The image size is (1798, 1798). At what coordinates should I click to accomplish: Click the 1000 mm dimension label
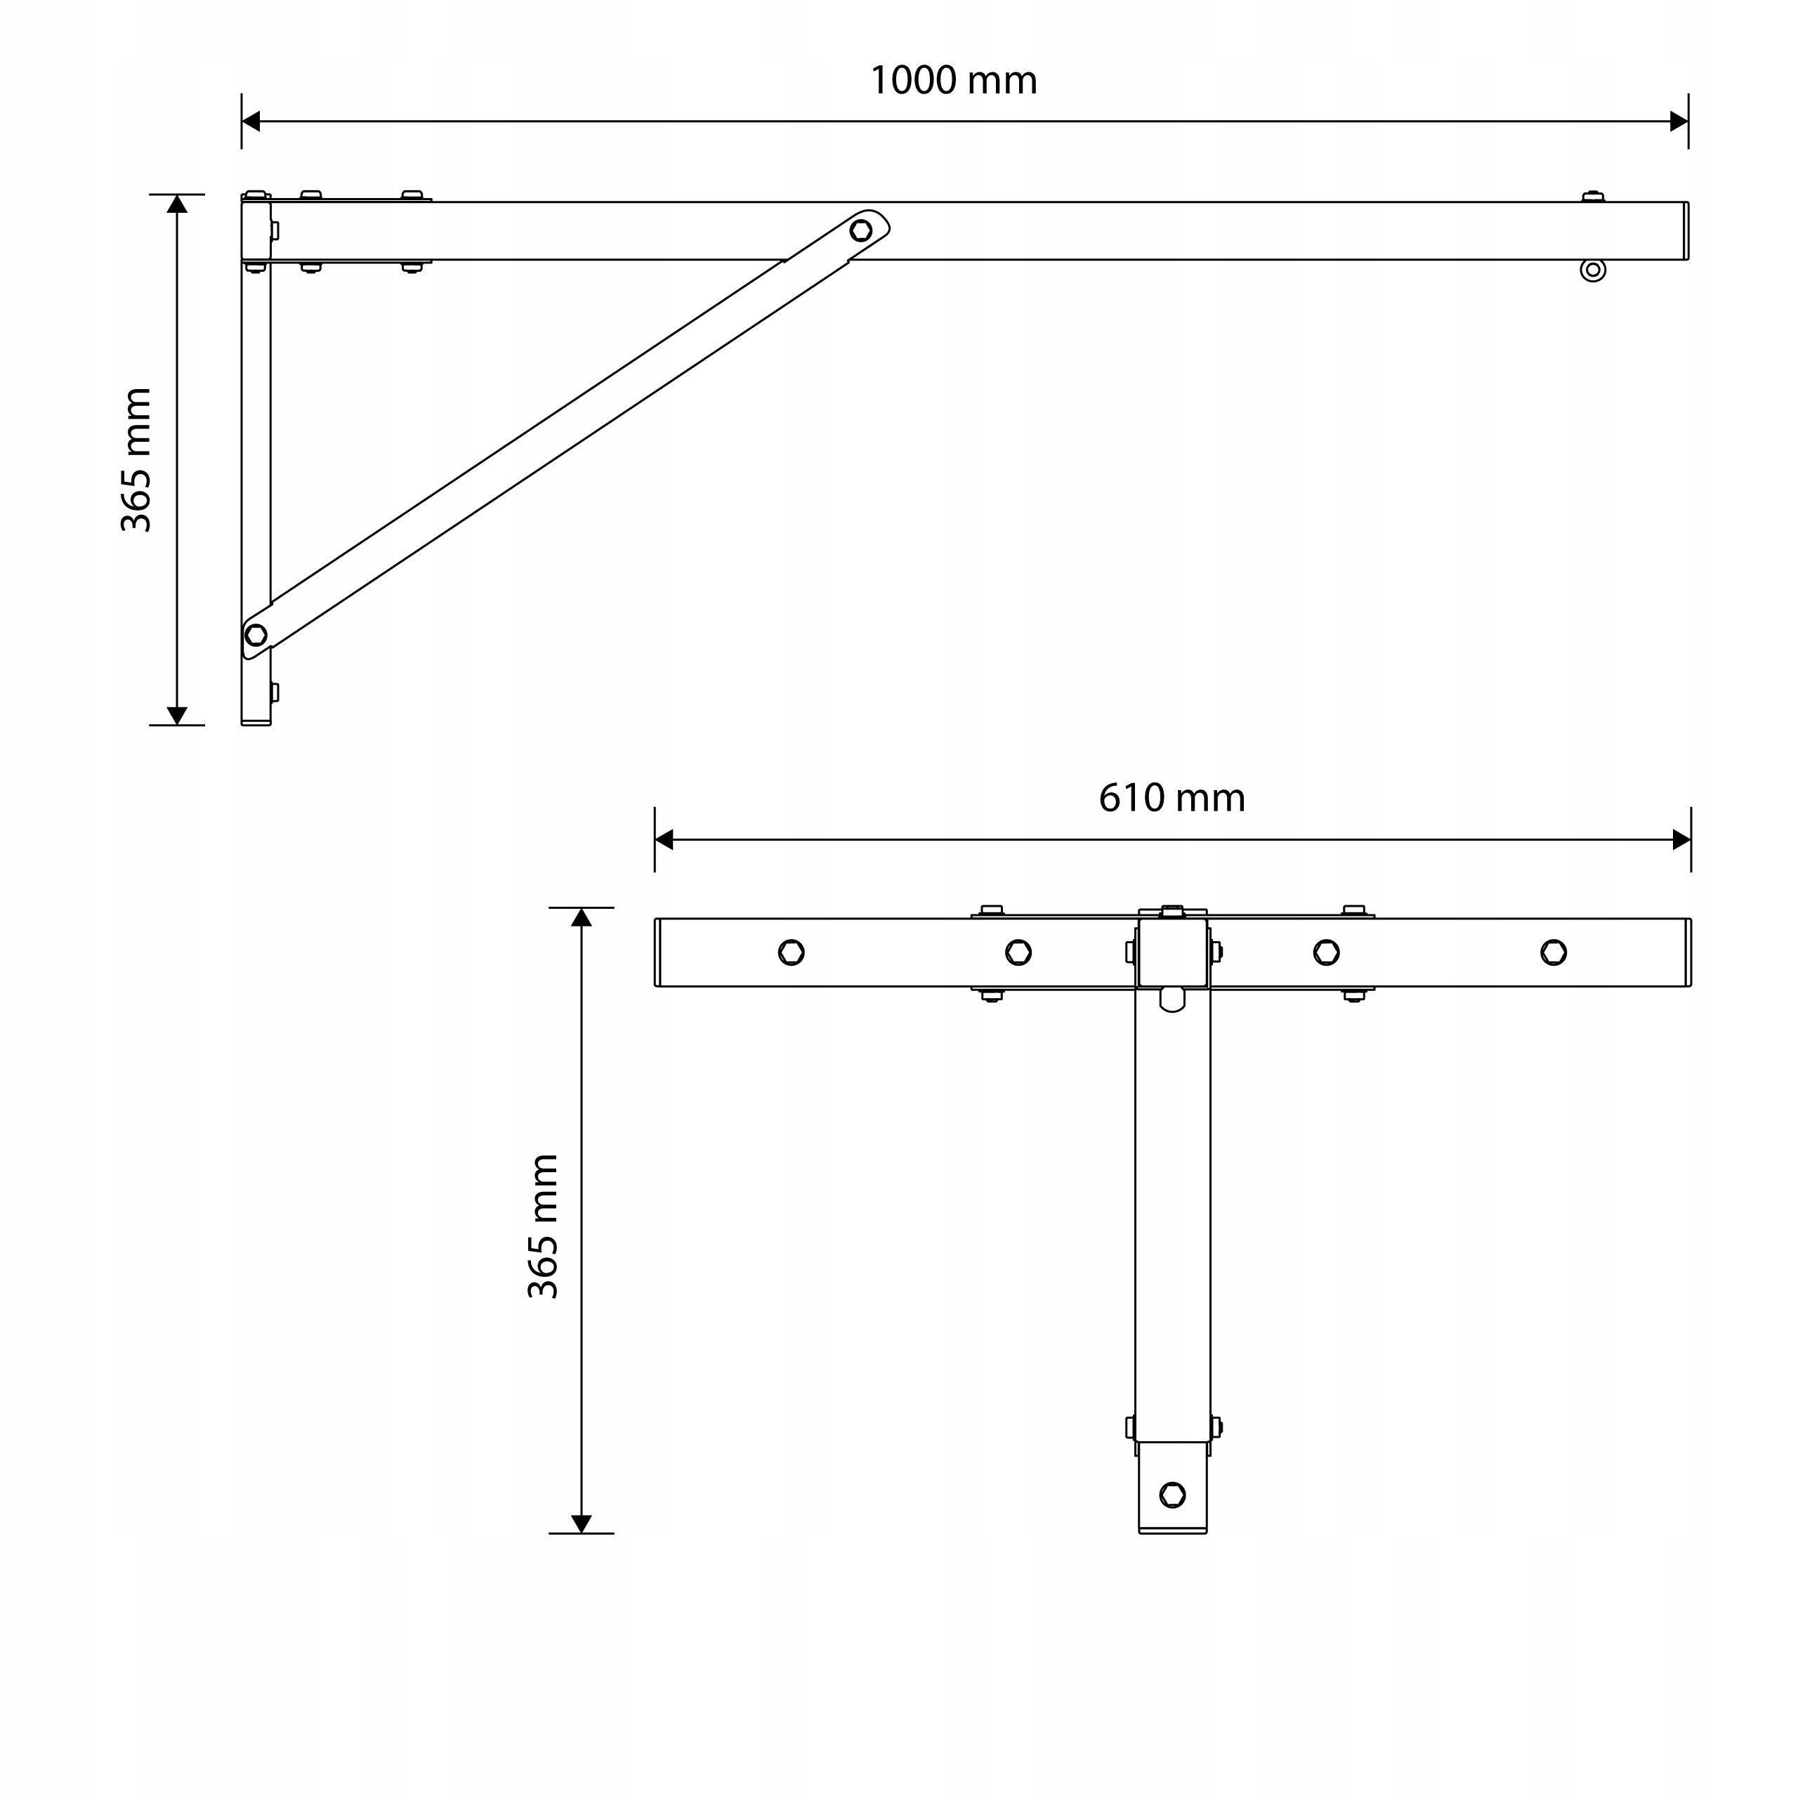(953, 81)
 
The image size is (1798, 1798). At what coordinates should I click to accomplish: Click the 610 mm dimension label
(1172, 799)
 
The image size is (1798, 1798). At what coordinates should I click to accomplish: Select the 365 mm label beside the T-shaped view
(543, 1226)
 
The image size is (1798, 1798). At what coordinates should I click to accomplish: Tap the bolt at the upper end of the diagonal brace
(861, 230)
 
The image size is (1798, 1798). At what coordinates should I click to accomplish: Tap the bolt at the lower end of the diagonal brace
(256, 635)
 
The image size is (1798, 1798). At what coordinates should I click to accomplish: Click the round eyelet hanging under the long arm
(1592, 270)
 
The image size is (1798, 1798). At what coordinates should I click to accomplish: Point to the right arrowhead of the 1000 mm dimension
(1679, 121)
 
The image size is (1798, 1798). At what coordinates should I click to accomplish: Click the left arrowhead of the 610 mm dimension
(664, 839)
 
